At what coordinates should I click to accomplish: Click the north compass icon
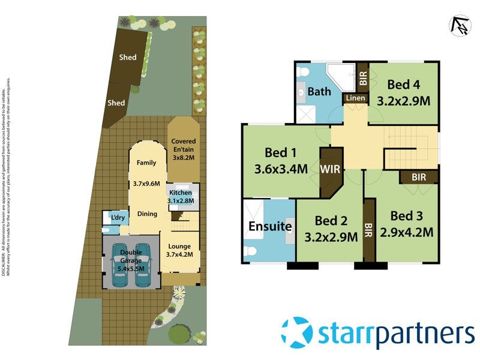click(459, 25)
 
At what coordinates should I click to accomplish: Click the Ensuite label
click(271, 226)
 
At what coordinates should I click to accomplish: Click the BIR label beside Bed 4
click(363, 77)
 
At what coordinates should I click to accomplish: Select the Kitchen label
click(179, 193)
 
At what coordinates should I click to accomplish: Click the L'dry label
click(117, 218)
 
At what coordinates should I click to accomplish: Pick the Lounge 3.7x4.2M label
click(179, 250)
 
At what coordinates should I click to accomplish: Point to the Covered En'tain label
click(184, 144)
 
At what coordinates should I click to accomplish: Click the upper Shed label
click(127, 58)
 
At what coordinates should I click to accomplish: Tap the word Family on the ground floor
click(146, 163)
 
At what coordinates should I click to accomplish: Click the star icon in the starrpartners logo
click(296, 332)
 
